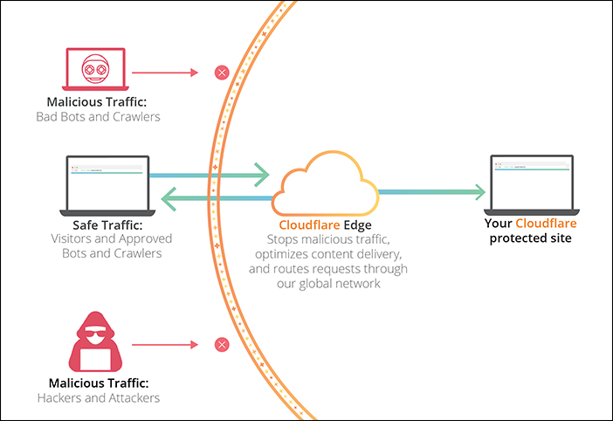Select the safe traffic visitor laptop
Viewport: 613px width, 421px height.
(108, 183)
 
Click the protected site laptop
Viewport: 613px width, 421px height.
(531, 183)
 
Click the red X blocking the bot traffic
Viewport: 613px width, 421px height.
(222, 72)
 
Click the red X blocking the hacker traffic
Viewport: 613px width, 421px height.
(222, 346)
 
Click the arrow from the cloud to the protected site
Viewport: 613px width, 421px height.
(431, 191)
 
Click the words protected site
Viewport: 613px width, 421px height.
(531, 238)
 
